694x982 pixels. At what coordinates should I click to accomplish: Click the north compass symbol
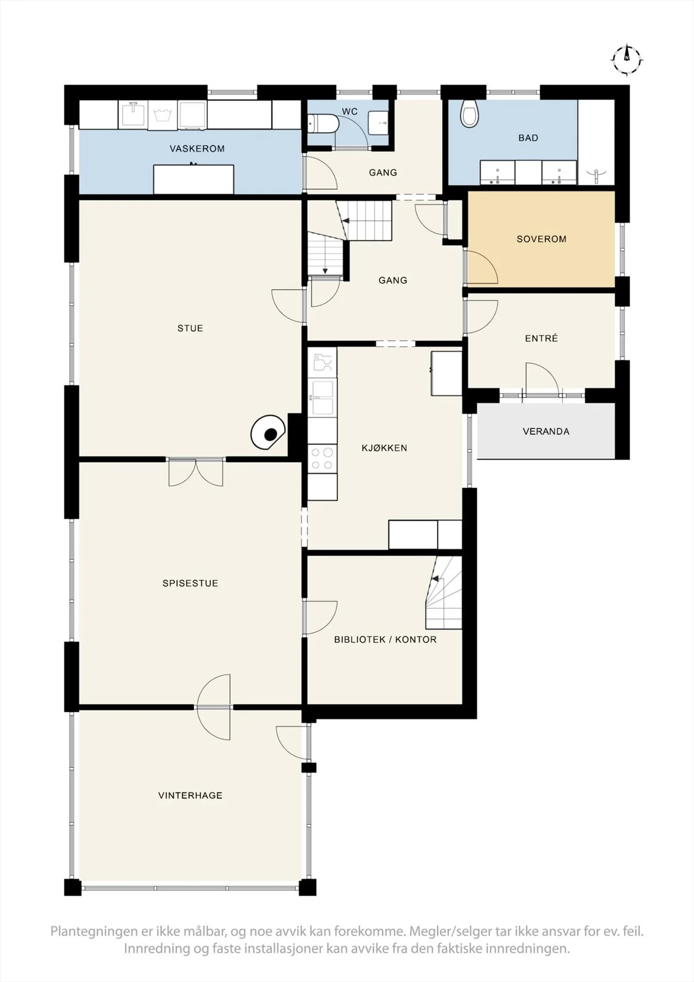627,59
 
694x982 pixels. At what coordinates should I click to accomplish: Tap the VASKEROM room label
197,149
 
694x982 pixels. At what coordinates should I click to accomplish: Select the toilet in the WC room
323,124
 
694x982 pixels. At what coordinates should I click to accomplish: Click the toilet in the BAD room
468,113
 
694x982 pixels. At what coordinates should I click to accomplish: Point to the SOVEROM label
541,239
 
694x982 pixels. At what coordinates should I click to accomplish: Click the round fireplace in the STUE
268,432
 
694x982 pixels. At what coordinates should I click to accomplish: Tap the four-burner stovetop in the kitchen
322,458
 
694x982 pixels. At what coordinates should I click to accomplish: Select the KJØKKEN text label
384,447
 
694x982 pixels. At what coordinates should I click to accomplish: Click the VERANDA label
546,431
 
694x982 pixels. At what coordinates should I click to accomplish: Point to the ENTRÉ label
541,338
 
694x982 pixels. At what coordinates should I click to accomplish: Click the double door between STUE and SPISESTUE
196,472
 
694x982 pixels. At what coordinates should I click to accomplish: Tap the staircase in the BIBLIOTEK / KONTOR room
444,593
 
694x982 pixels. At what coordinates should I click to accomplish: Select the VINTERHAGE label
190,795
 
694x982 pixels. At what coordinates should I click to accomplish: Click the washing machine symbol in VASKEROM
163,115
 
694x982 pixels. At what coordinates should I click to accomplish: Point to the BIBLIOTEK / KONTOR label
385,640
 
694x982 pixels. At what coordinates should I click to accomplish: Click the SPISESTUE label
190,583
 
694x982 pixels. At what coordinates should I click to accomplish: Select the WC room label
349,112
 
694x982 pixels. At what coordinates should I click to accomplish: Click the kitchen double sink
322,398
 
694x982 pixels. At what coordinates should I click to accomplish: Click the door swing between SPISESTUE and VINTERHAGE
214,708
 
